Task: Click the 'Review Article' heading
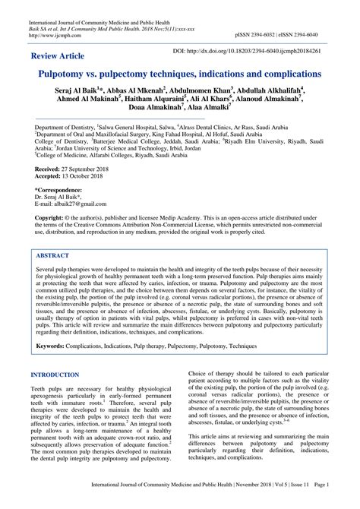[57, 57]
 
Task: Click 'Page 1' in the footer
[339, 502]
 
